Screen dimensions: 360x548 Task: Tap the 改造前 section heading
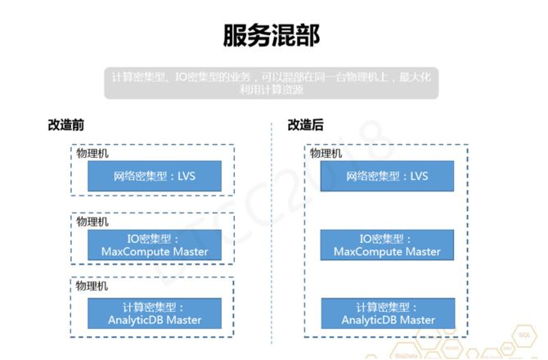[66, 125]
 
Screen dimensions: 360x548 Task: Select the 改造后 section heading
[304, 125]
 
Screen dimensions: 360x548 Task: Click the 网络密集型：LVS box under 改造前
[154, 177]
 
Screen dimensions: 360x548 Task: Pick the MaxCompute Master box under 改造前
[154, 245]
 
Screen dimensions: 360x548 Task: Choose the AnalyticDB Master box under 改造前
[154, 313]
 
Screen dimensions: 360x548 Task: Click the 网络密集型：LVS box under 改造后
[387, 177]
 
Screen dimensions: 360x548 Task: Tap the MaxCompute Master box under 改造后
[387, 245]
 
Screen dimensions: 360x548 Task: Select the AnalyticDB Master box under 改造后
[387, 313]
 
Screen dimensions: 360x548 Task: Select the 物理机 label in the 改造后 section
[326, 153]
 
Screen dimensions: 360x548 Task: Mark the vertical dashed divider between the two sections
[271, 237]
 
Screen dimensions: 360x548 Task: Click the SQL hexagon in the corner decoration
[525, 335]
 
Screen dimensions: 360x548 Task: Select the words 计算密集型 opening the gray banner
[134, 76]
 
